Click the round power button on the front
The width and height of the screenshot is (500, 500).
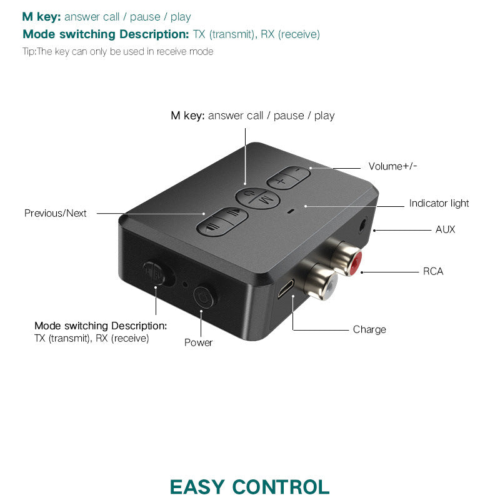202,297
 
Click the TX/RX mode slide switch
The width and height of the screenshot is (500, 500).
153,272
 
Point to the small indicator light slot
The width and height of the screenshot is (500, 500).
290,211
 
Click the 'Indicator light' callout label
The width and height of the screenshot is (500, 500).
439,203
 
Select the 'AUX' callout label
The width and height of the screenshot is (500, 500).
445,229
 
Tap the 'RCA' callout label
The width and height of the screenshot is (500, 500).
433,271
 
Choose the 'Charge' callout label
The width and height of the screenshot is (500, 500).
369,329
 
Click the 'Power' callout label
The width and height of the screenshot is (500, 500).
198,342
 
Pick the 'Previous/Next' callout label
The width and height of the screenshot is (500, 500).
56,213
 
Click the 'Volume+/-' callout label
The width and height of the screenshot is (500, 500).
392,166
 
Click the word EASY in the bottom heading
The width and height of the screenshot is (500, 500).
197,487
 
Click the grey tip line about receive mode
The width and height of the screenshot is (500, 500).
117,51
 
